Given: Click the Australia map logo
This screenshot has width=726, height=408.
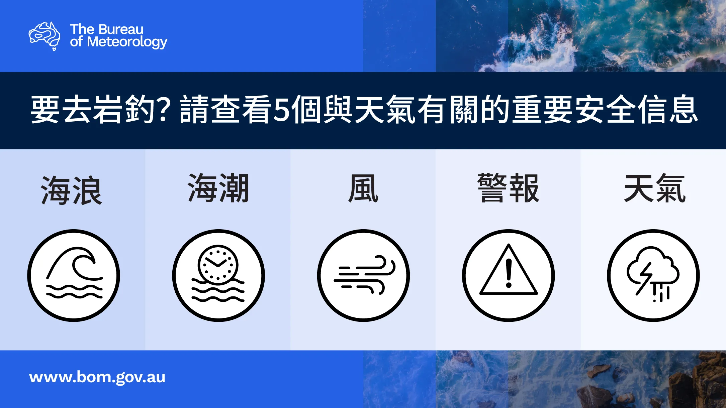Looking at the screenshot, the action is coord(44,36).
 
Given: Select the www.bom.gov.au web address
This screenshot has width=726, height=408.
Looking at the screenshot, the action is coord(97,378).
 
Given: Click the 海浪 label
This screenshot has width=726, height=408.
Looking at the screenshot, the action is coord(72,190).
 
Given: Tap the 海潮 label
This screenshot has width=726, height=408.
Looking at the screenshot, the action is coord(218,188).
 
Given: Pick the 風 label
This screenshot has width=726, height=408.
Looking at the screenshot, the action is coord(363,188).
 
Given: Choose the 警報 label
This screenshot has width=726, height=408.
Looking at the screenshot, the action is coord(508,188).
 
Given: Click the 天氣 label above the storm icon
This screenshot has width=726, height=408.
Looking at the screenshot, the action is coord(655,188).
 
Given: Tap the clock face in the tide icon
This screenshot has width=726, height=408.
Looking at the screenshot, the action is coord(218,265).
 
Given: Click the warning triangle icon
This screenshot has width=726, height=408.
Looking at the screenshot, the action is coord(509,270).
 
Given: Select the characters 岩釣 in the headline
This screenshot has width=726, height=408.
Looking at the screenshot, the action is coord(124,109).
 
